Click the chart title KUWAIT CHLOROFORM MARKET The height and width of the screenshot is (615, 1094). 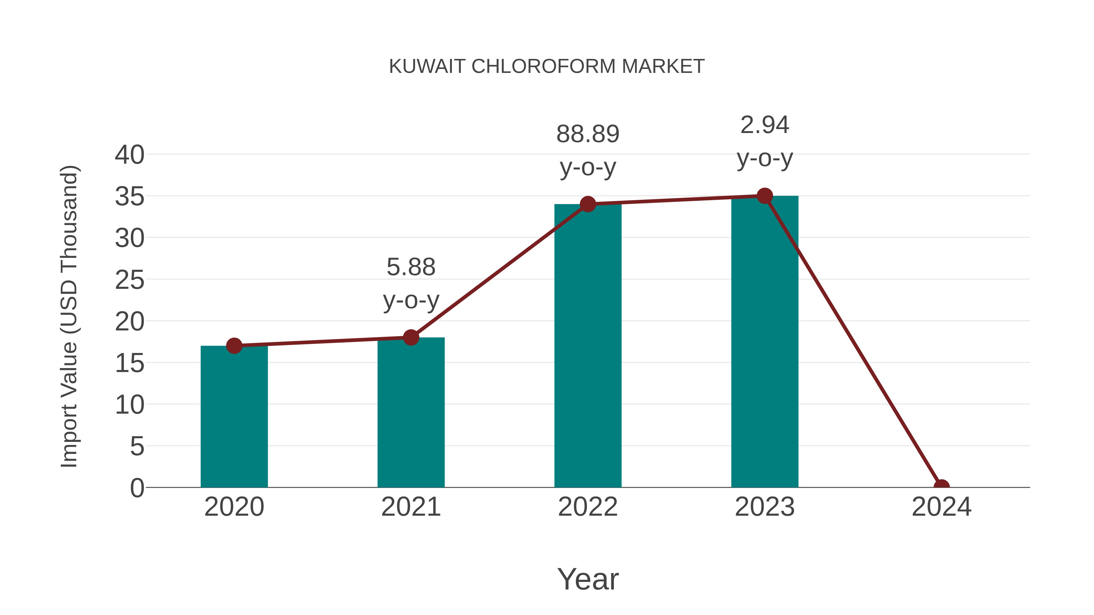547,67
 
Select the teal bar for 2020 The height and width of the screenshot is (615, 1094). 234,418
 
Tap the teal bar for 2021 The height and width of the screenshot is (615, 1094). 411,414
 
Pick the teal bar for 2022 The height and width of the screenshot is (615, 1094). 588,348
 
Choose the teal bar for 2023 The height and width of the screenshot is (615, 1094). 765,344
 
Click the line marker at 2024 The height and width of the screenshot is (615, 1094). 941,487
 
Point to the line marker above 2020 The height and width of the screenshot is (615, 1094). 234,346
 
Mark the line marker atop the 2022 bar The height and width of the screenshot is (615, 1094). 588,204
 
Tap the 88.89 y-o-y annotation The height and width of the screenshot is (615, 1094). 588,150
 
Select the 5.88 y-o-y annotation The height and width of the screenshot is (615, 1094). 411,284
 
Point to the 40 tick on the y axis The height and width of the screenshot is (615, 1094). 129,155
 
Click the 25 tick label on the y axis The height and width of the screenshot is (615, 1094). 129,280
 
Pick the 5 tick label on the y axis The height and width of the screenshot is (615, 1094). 137,446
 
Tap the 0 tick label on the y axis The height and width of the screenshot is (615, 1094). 137,488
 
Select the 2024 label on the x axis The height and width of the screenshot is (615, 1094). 941,507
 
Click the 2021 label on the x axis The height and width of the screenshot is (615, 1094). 411,507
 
